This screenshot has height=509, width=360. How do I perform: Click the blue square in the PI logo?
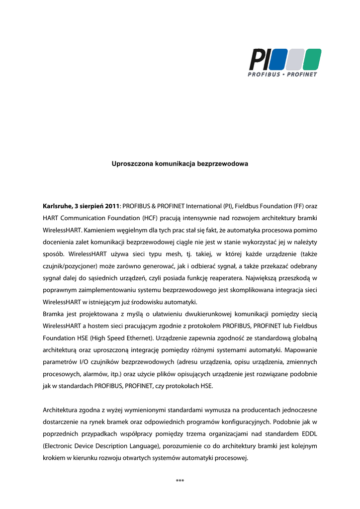tap(277, 60)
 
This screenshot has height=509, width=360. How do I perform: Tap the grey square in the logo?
tap(294, 60)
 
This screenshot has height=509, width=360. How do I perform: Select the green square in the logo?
tap(312, 60)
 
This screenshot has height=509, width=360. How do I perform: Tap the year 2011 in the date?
tap(112, 205)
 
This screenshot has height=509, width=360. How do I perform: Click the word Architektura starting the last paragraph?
tap(61, 410)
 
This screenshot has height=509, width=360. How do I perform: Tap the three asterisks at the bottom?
tap(180, 480)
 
